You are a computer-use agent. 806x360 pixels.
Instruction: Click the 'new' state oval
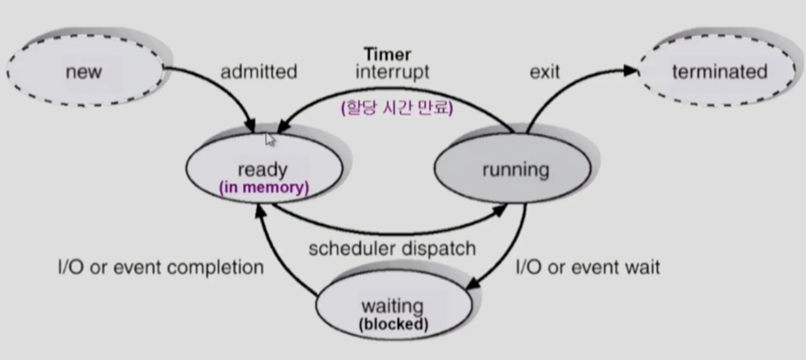[x=85, y=71]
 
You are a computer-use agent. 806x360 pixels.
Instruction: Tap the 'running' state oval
[x=512, y=168]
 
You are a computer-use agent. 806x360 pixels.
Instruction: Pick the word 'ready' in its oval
[x=263, y=170]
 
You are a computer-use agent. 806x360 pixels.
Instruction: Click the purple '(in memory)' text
[x=264, y=187]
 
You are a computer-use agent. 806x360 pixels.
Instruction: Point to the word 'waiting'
[x=392, y=306]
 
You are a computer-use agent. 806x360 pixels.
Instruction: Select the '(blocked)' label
[x=394, y=324]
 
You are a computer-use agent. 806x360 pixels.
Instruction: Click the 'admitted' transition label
[x=259, y=72]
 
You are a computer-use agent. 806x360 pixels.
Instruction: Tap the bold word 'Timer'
[x=388, y=54]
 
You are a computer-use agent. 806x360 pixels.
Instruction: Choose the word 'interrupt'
[x=392, y=72]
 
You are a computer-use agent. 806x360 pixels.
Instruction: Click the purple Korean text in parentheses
[x=397, y=107]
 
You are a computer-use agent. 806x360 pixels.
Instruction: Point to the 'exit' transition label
[x=545, y=72]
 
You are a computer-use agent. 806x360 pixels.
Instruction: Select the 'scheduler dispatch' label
[x=392, y=249]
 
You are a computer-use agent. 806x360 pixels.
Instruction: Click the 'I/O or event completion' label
[x=161, y=268]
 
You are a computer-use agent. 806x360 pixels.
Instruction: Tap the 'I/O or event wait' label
[x=588, y=268]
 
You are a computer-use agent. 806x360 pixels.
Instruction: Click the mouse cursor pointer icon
[x=270, y=139]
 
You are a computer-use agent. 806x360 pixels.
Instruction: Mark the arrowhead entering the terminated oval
[x=631, y=71]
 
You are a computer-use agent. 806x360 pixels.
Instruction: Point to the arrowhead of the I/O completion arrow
[x=260, y=211]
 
